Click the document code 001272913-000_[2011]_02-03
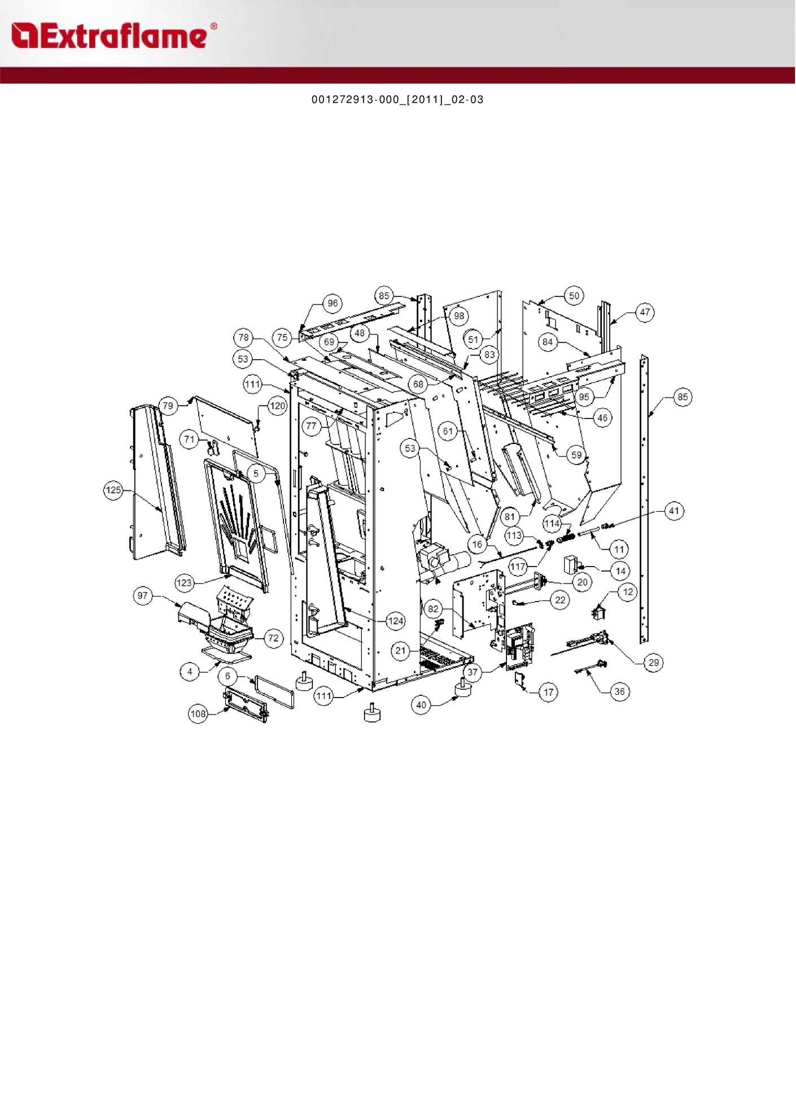397,100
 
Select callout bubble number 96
333,303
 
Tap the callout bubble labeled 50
574,296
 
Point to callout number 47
645,312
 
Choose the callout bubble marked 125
114,490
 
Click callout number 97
143,595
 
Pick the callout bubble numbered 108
198,714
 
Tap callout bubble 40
421,705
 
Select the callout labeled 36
620,691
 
